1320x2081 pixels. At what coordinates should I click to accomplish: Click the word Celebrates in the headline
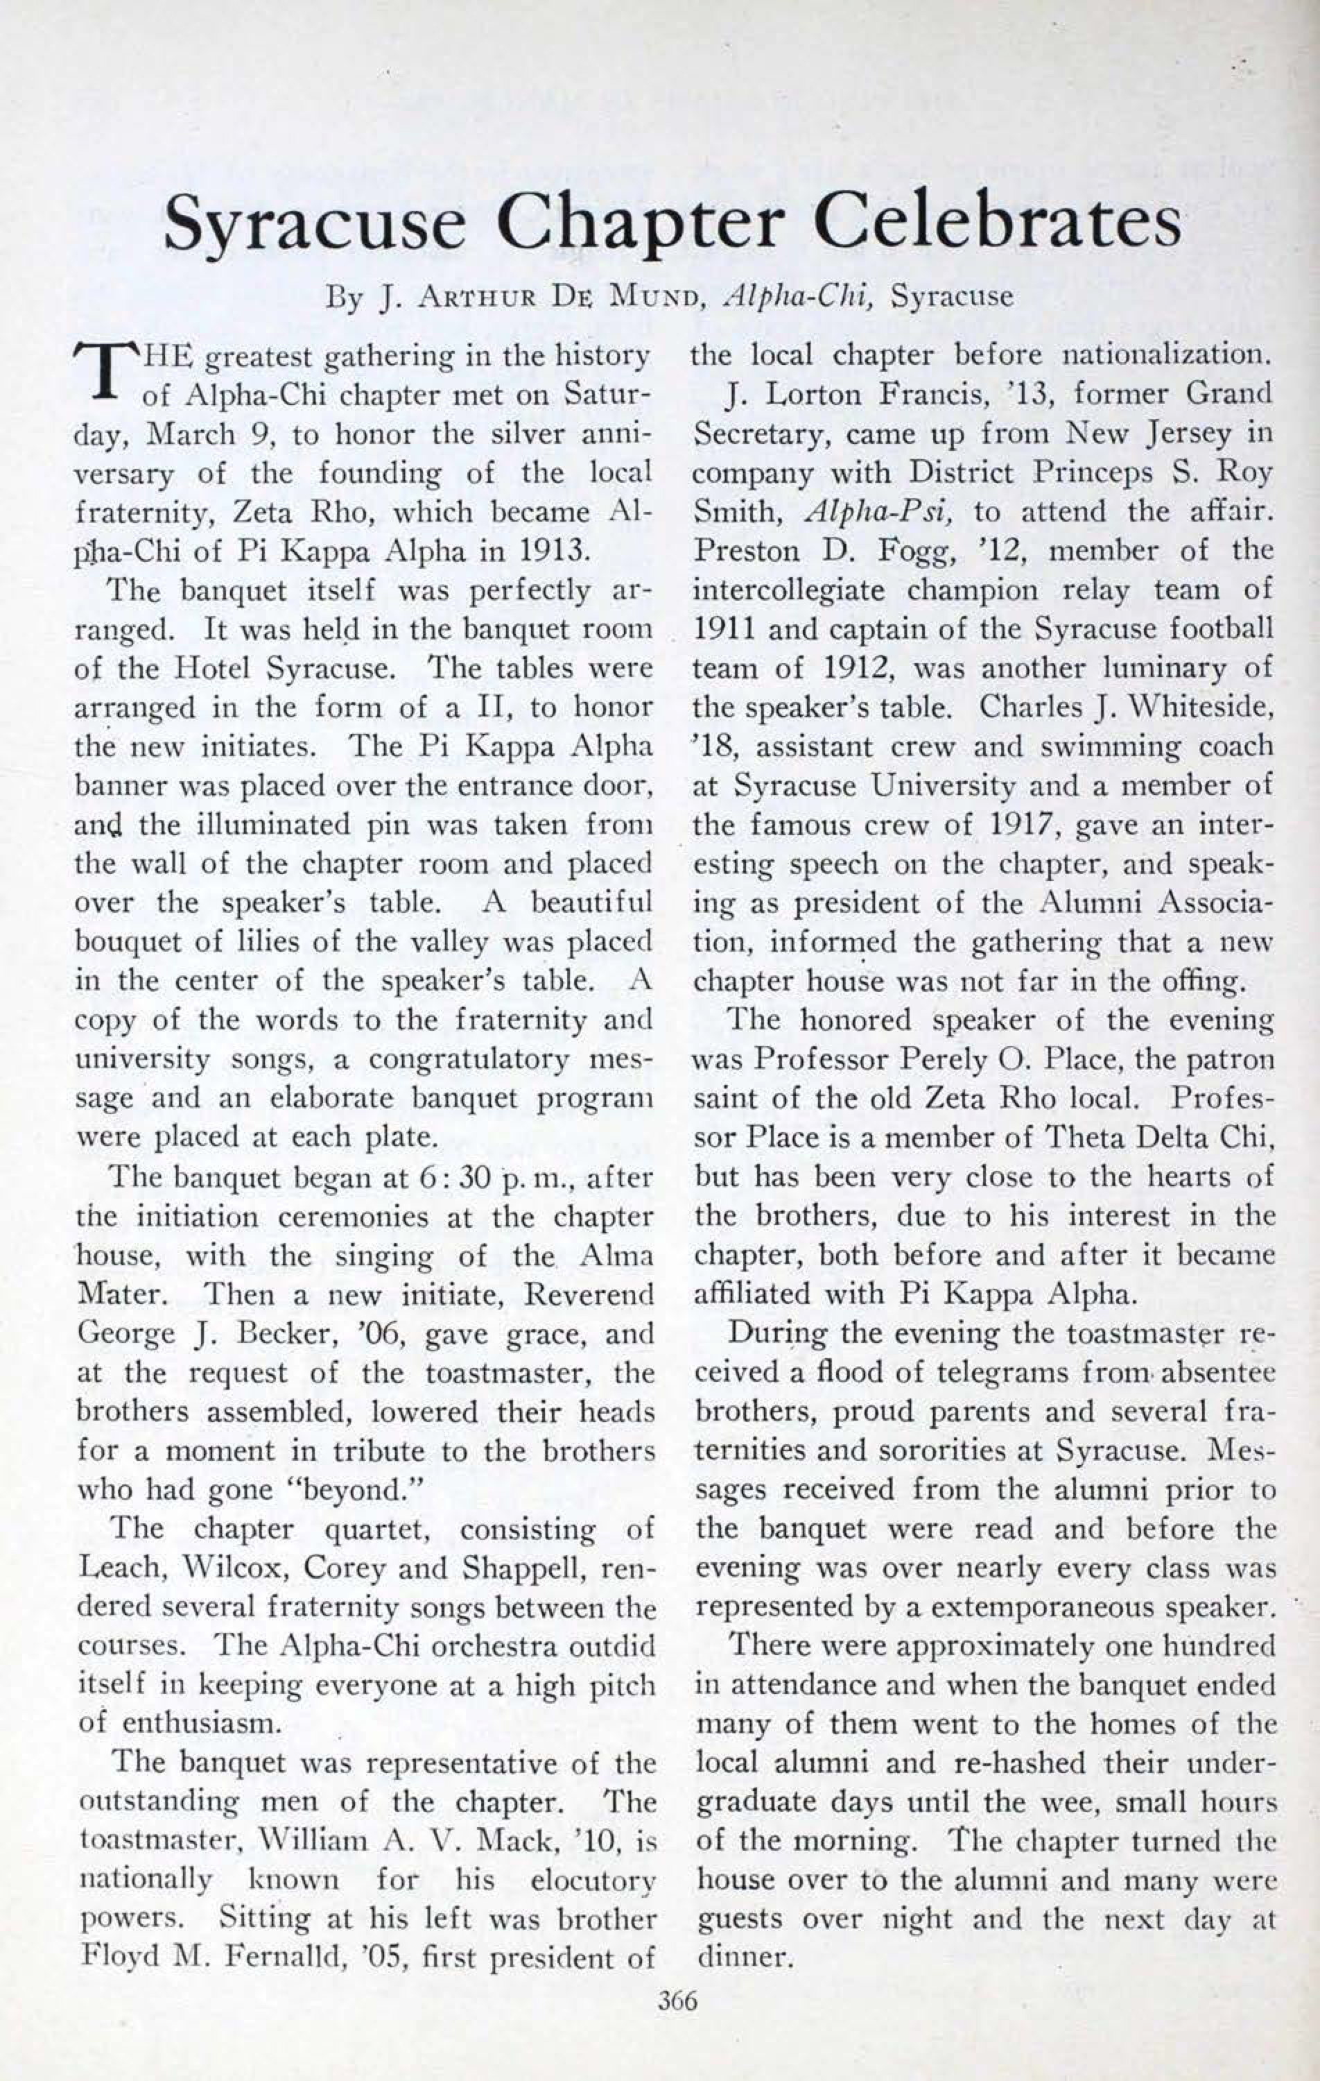coord(997,222)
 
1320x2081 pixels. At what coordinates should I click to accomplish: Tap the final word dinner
coord(743,1958)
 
